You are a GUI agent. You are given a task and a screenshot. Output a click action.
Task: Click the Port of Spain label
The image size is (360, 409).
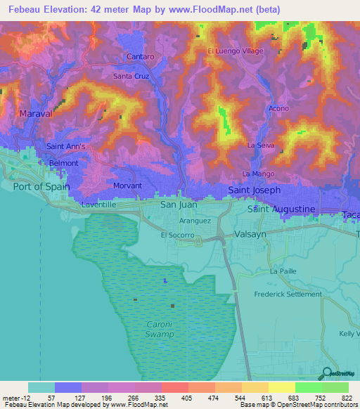click(x=41, y=186)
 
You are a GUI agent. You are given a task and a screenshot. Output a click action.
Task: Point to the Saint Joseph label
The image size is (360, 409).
click(x=254, y=190)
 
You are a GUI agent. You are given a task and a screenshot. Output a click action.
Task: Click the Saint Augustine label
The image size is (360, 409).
click(x=281, y=209)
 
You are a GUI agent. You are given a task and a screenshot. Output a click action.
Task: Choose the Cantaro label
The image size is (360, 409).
click(x=140, y=56)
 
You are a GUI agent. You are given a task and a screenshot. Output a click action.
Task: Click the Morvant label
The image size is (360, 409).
click(x=127, y=186)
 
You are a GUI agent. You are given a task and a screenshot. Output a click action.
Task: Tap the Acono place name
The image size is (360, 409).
click(x=278, y=109)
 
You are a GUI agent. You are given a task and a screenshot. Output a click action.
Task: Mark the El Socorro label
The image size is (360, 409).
click(x=176, y=236)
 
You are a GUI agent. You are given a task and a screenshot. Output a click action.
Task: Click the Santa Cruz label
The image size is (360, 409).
click(x=131, y=75)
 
